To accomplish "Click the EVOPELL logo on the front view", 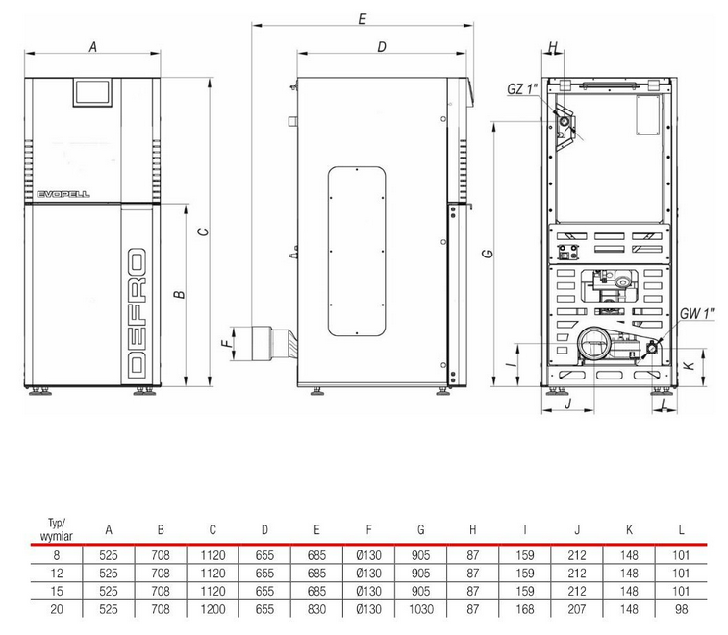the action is point(63,194).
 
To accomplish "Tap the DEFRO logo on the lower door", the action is point(137,312).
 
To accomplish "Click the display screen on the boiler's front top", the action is point(92,92).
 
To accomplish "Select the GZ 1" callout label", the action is point(522,88).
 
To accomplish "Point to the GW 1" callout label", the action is point(696,314).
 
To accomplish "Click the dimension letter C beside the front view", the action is point(203,232).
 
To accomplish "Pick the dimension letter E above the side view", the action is point(363,19).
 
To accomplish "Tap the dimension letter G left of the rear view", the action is point(488,254).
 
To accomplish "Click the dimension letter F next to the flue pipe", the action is point(226,344).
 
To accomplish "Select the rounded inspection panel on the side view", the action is point(357,251).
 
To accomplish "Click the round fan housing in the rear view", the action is point(593,344).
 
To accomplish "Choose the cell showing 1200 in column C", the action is point(213,609).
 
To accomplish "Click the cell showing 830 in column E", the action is point(316,609).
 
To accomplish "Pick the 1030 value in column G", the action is point(420,609).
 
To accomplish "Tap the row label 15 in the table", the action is point(56,591).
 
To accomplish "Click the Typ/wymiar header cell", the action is point(56,530).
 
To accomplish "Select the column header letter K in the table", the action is point(629,529).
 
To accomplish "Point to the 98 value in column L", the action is point(681,609).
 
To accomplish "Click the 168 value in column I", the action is point(525,609).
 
